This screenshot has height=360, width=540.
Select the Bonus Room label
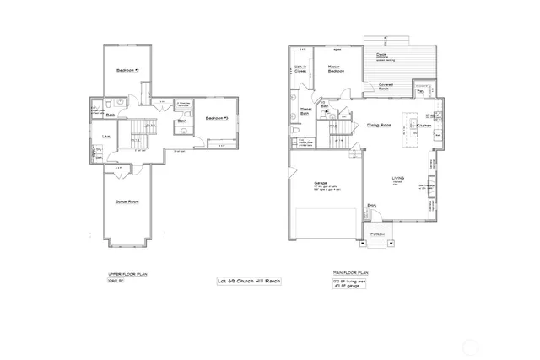127,203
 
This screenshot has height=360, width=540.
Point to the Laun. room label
107,136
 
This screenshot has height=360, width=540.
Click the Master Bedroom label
336,70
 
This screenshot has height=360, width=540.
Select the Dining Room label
379,126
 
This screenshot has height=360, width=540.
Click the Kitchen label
424,126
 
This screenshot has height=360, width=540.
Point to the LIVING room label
399,178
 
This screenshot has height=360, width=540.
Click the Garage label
321,183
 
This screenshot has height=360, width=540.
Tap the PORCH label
378,234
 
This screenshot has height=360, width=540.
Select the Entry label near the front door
372,205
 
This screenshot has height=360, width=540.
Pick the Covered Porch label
386,86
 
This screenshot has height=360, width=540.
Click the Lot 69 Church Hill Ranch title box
249,280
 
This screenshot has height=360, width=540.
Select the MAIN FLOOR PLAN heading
350,275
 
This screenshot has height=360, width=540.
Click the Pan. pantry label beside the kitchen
419,90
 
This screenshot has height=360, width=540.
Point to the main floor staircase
339,133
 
